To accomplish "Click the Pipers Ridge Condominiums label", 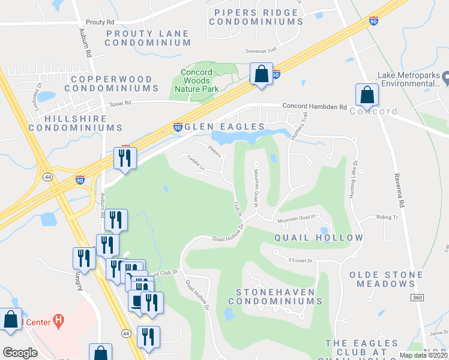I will pos(256,17).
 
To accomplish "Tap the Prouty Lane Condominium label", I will pos(148,38).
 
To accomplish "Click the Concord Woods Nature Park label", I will pos(196,80).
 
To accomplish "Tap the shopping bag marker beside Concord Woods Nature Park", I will pos(261,74).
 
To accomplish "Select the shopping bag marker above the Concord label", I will pos(366,95).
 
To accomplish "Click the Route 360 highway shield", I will pos(418,298).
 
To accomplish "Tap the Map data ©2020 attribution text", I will pos(424,355).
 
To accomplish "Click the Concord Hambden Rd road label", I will pos(315,107).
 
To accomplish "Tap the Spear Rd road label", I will pos(120,103).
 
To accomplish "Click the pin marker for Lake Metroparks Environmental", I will pos(445,78).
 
